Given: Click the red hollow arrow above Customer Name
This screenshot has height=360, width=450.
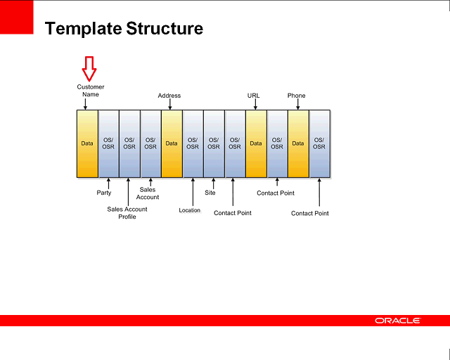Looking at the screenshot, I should (x=89, y=69).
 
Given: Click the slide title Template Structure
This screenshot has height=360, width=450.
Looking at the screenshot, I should (x=124, y=29).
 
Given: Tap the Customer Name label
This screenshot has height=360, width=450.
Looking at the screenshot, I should (x=91, y=91).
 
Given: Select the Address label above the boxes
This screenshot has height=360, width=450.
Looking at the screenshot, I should (x=169, y=96).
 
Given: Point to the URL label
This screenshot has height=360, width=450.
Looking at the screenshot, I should (x=254, y=96).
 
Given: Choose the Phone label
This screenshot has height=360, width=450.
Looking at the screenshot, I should (x=296, y=96).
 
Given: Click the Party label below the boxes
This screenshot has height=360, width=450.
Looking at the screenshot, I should (x=104, y=193).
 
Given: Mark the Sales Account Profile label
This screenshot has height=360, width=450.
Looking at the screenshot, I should (x=127, y=213).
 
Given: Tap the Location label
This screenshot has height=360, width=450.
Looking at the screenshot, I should (x=190, y=210).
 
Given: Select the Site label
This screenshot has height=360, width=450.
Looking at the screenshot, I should (x=210, y=193).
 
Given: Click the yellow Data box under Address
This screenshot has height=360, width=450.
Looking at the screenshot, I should (x=172, y=143).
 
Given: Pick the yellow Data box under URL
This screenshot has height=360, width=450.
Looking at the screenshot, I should (x=256, y=143).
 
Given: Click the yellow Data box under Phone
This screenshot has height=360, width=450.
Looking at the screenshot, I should (x=298, y=143).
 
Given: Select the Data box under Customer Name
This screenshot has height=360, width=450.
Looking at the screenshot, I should (x=87, y=143).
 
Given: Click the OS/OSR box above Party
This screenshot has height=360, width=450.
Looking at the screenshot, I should (x=108, y=143).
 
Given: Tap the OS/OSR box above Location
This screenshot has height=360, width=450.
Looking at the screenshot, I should (x=193, y=143).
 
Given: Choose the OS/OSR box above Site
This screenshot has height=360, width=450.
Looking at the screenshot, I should (x=214, y=143).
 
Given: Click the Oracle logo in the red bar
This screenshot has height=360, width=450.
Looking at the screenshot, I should (x=398, y=321).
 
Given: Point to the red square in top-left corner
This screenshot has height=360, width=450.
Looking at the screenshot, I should (x=17, y=17).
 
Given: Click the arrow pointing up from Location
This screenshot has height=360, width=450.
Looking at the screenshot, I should (x=192, y=192).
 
